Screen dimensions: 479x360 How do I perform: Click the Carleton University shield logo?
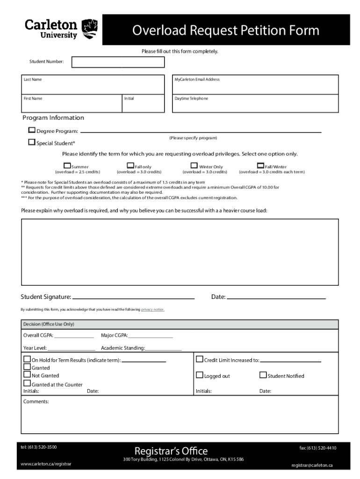[x=90, y=29]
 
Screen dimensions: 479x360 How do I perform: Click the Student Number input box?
[x=118, y=62]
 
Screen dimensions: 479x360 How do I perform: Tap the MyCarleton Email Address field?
[x=255, y=84]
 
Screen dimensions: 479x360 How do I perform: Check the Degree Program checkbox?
[x=32, y=131]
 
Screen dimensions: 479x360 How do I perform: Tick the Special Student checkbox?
[x=32, y=142]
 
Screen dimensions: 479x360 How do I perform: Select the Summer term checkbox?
[x=67, y=166]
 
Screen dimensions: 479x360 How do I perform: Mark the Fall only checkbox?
[x=130, y=166]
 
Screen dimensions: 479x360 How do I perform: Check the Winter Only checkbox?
[x=194, y=166]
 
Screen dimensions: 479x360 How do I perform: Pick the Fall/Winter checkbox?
[x=261, y=166]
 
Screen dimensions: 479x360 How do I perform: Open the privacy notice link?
[x=152, y=310]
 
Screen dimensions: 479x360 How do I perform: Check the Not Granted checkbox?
[x=27, y=375]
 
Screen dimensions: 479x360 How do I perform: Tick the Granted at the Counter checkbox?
[x=27, y=384]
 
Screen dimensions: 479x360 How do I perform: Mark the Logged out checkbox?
[x=200, y=375]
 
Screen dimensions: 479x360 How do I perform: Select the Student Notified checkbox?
[x=263, y=375]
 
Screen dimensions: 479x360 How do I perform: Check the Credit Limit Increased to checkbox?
[x=200, y=360]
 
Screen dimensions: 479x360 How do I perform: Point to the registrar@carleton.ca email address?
[x=312, y=465]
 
